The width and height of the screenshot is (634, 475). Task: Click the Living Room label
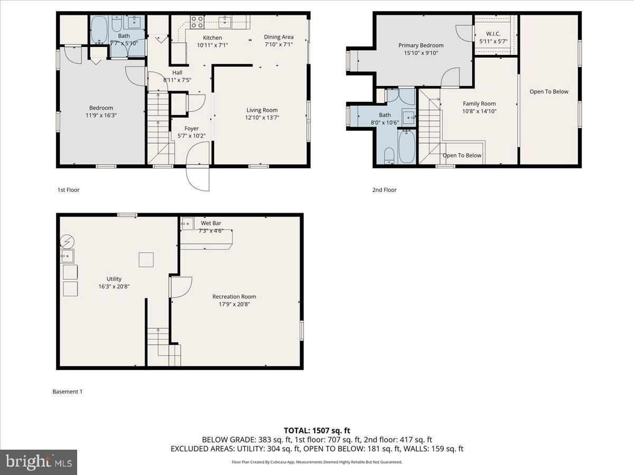tap(262, 110)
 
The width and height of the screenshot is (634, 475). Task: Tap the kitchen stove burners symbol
tap(197, 22)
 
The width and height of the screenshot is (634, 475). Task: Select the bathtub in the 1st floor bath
tap(99, 31)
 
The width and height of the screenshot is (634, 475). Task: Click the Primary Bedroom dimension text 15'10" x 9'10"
tap(421, 53)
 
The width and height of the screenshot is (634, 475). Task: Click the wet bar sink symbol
tap(188, 224)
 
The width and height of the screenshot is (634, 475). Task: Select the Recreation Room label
tap(234, 297)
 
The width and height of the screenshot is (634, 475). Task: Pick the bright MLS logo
tap(39, 462)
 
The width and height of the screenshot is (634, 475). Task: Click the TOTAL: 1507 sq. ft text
tap(316, 431)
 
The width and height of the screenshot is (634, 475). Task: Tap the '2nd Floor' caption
tap(384, 190)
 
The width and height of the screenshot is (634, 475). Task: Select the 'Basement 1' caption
tap(68, 392)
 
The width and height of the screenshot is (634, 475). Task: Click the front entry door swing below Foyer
tap(198, 178)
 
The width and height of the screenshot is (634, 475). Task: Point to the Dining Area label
tap(278, 37)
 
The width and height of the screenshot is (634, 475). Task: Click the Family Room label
tap(479, 103)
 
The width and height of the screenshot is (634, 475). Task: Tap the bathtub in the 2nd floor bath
tap(406, 146)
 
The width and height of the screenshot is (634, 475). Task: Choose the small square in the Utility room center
tap(146, 260)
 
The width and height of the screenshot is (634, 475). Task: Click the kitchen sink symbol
tap(225, 22)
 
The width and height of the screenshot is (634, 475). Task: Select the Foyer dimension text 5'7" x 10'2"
tap(191, 136)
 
